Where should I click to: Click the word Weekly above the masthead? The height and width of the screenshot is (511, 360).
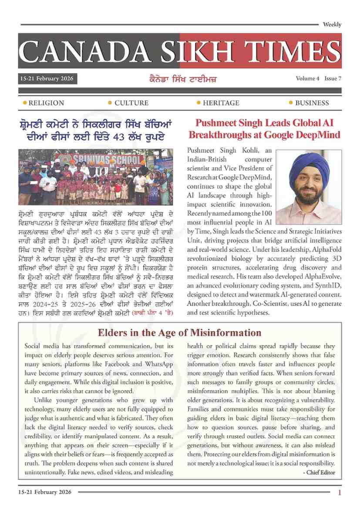coord(332,25)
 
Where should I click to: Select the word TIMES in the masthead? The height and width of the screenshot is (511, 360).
coord(288,51)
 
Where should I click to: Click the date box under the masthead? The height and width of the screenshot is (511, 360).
coord(48,79)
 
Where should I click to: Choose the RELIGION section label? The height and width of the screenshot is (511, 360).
coord(46,103)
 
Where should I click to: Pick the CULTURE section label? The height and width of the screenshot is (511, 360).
coord(131,103)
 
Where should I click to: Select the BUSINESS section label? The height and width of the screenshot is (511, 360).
coord(312,103)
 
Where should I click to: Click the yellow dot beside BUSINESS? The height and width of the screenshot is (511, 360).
coord(291,103)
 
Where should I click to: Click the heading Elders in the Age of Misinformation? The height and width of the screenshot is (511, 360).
coord(179,333)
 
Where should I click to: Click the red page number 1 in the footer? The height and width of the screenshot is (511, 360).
coord(339,493)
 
